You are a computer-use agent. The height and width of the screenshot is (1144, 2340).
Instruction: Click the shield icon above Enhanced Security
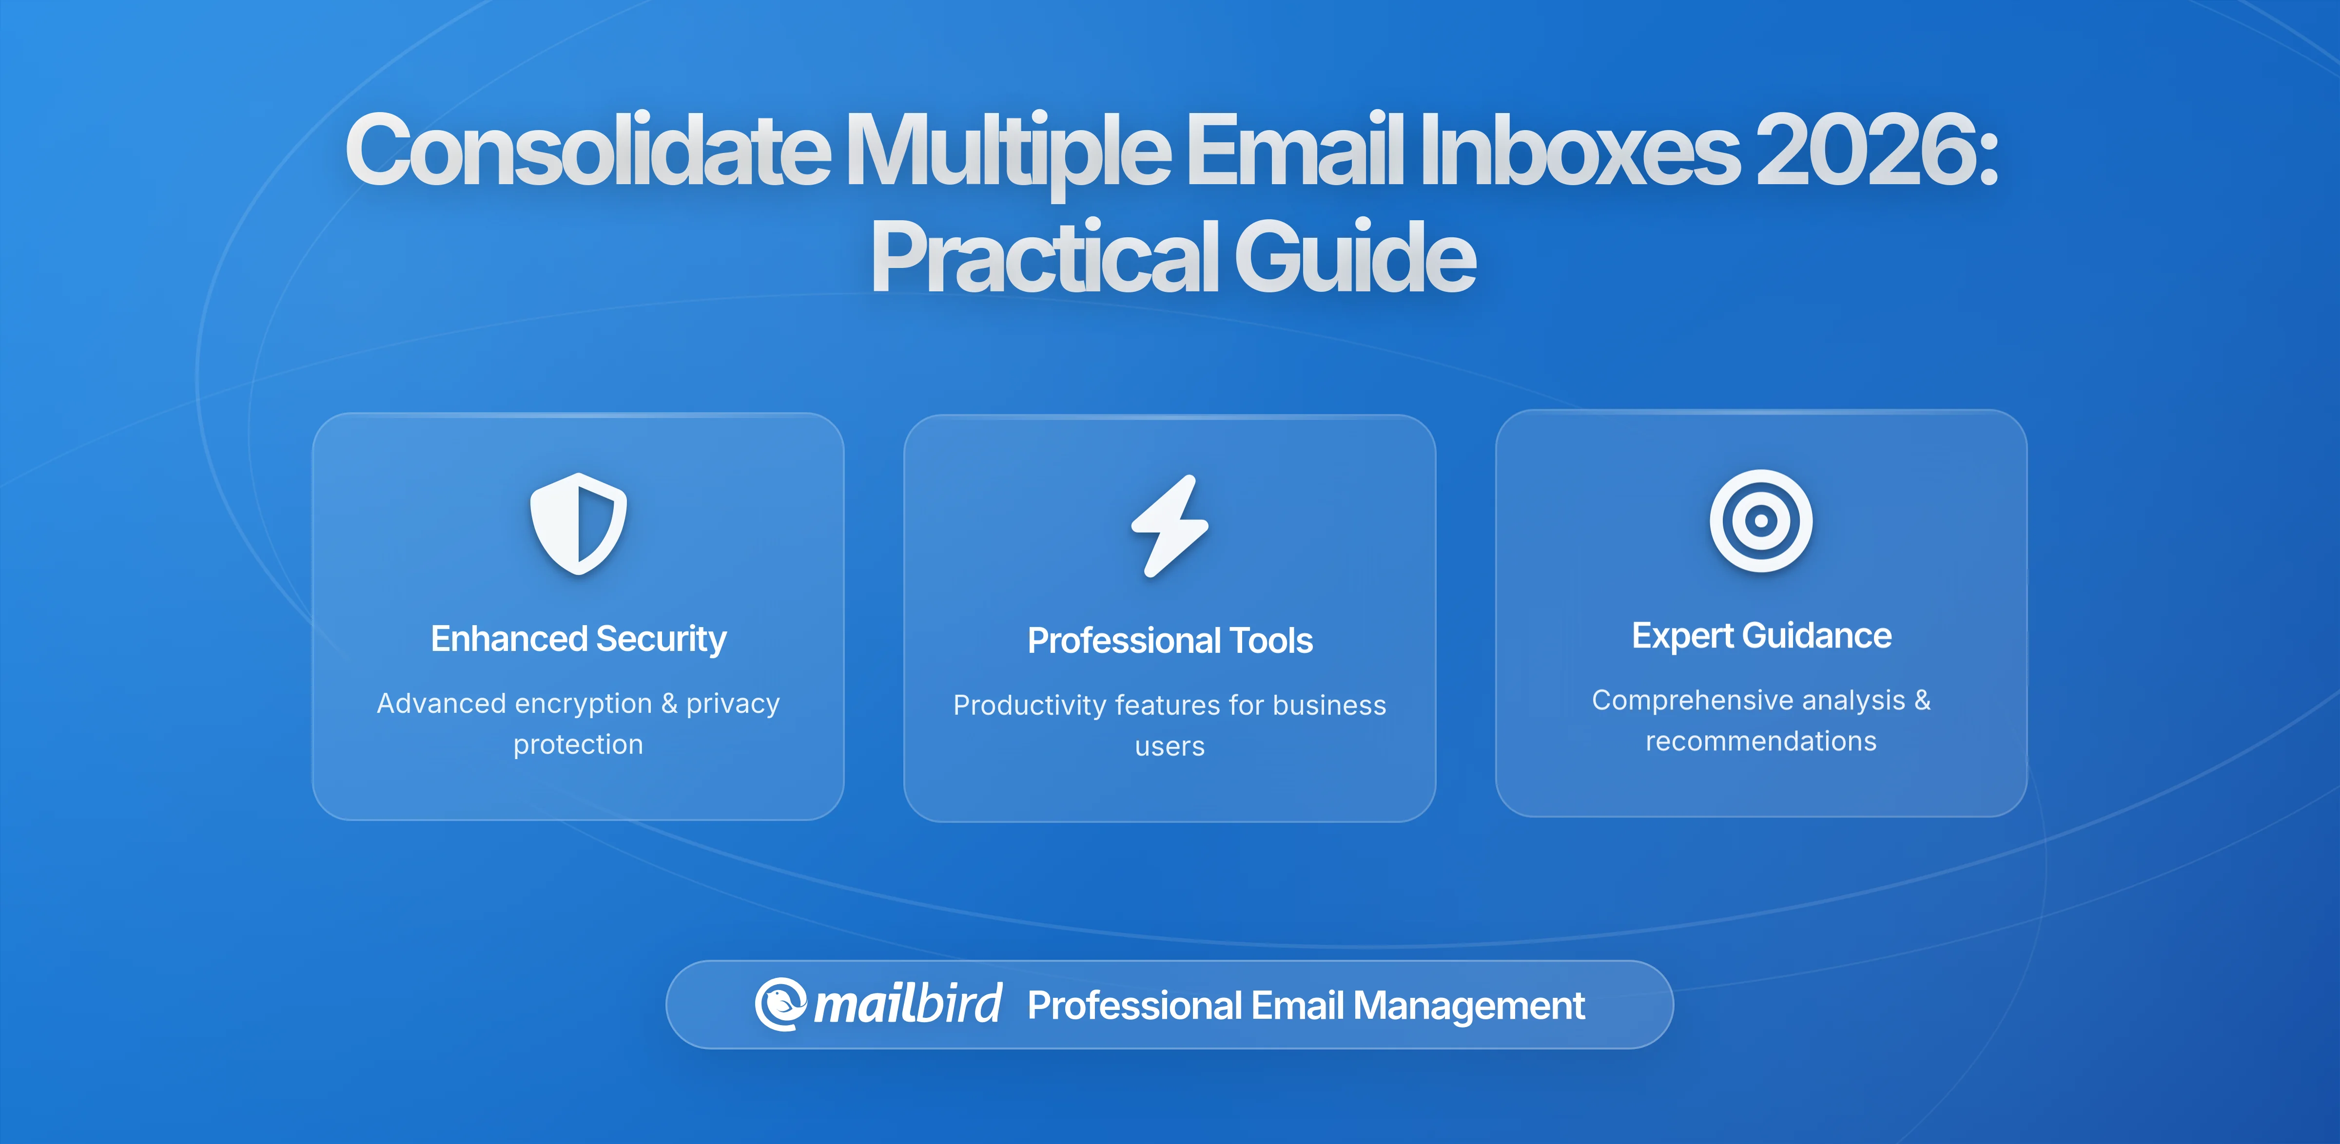point(579,524)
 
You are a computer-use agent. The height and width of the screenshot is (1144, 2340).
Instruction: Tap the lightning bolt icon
point(1170,526)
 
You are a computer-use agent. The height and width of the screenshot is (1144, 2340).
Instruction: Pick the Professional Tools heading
point(1170,641)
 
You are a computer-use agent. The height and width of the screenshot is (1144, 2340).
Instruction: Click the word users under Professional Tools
point(1170,746)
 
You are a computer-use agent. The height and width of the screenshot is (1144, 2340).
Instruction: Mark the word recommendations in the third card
point(1760,741)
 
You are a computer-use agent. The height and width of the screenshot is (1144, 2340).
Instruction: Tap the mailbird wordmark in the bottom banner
point(907,1004)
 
